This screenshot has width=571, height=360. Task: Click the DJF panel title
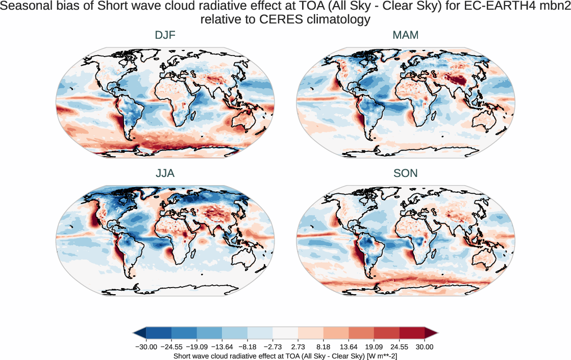(165, 36)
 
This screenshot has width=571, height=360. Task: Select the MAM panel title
(406, 36)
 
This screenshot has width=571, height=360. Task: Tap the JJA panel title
(165, 173)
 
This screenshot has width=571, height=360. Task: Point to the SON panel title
(406, 173)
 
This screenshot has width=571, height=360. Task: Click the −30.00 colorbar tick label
(146, 347)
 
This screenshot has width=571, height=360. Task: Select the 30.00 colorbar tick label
(425, 347)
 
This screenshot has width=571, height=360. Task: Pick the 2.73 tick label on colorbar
(298, 347)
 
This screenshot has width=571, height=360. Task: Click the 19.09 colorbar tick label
(374, 347)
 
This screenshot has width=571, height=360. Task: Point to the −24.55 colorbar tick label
(171, 347)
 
